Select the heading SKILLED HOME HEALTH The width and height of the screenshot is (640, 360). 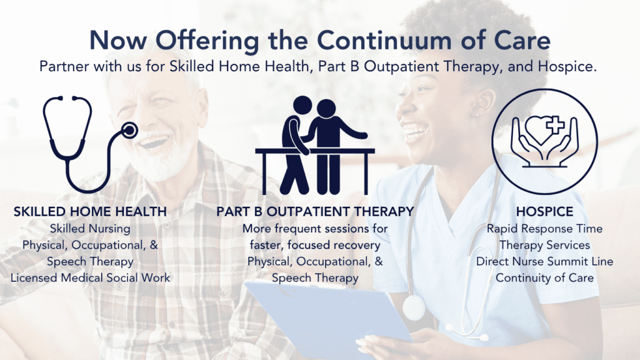click(x=90, y=212)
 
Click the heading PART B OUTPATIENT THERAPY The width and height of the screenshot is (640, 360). click(x=315, y=212)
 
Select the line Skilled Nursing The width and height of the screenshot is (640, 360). click(x=90, y=229)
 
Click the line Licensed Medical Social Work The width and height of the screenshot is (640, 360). click(x=90, y=277)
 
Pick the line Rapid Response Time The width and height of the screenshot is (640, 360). click(x=544, y=229)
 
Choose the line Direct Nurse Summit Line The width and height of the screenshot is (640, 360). click(x=544, y=261)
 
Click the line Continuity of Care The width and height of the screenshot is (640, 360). click(x=544, y=277)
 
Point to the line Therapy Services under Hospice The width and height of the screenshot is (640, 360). click(x=544, y=245)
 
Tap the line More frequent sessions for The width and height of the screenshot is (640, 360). click(x=315, y=229)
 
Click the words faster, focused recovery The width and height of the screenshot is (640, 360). click(x=315, y=245)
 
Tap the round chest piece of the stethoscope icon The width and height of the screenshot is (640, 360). click(x=129, y=131)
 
